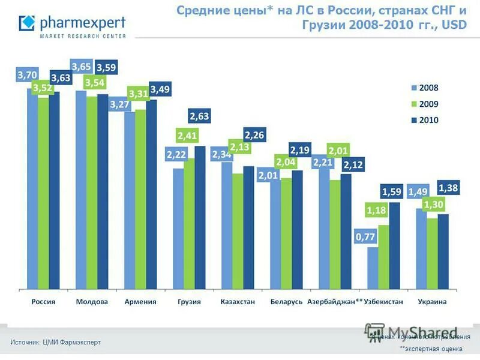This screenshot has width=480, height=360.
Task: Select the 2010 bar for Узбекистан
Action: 394,246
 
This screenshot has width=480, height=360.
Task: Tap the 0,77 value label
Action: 365,237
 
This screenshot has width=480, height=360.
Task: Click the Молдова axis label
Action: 92,302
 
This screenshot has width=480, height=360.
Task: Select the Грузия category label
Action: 189,302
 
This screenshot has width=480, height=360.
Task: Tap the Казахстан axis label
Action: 238,302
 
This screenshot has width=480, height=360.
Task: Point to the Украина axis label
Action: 432,302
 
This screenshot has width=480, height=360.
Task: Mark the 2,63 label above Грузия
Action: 199,116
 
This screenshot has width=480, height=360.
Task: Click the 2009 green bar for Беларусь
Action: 286,234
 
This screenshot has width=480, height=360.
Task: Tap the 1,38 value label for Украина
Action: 449,188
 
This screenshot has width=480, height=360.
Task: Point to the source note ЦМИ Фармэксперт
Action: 55,342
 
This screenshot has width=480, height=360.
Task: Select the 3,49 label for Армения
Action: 160,89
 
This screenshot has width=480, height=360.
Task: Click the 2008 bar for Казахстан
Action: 227,225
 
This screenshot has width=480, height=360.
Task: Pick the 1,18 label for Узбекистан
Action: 376,211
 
